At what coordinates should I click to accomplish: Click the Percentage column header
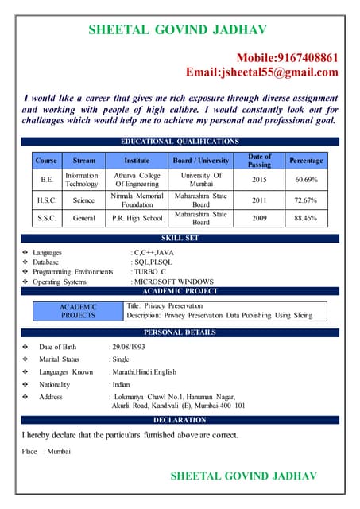click(x=306, y=161)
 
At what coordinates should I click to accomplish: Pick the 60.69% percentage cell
click(x=306, y=180)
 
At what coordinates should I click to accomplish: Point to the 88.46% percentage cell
click(x=306, y=217)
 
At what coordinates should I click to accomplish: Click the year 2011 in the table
click(x=260, y=199)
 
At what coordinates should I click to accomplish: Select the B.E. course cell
click(x=47, y=180)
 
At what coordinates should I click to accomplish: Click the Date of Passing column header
click(x=260, y=161)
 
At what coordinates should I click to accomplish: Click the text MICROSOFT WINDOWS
click(x=174, y=281)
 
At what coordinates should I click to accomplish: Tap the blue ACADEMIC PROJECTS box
click(x=78, y=310)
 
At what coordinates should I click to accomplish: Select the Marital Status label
click(x=60, y=359)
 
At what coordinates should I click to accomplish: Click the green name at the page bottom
click(x=243, y=476)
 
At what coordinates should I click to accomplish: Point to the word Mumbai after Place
click(x=60, y=452)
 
